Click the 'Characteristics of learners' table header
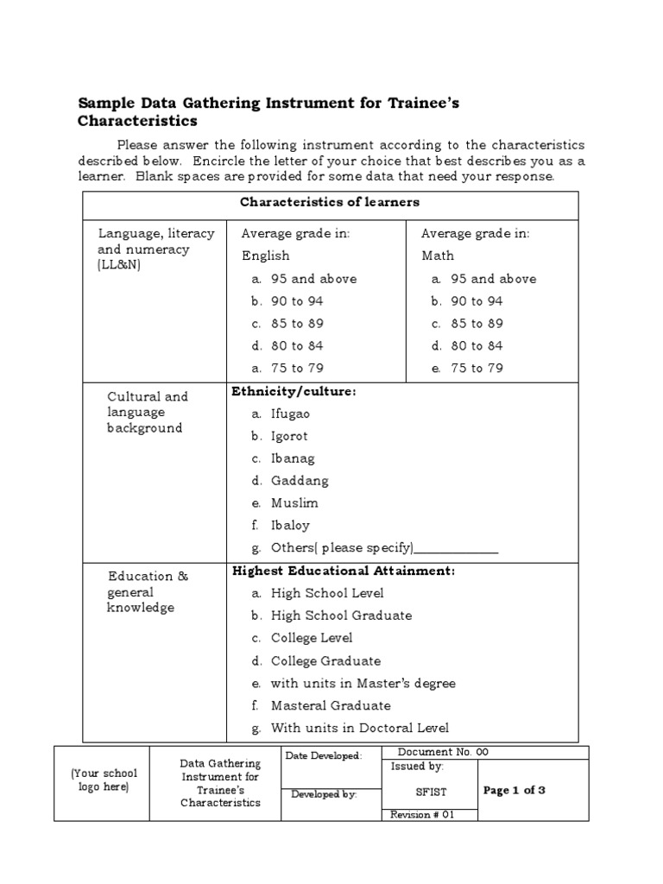330,202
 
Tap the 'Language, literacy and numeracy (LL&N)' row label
143,249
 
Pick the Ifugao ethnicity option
290,414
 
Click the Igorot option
289,436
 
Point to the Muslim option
294,503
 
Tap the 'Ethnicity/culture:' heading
294,392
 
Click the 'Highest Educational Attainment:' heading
344,571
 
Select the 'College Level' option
312,638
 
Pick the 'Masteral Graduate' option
331,705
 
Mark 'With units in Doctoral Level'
359,728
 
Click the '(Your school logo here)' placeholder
102,780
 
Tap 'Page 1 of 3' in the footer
515,790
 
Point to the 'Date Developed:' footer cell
324,756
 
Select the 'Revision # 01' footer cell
422,814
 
